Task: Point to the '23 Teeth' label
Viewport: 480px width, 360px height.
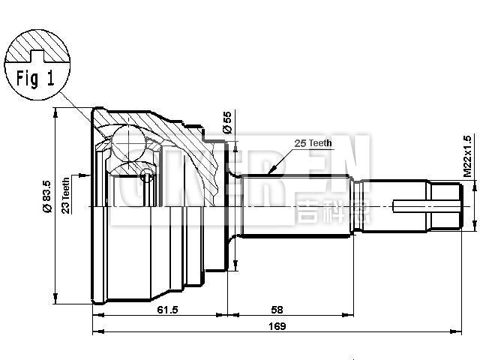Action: [66, 196]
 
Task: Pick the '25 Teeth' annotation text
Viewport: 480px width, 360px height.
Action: [313, 142]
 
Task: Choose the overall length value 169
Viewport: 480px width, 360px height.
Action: [277, 326]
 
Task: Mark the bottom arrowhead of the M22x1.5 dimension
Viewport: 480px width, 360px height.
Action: [476, 223]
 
